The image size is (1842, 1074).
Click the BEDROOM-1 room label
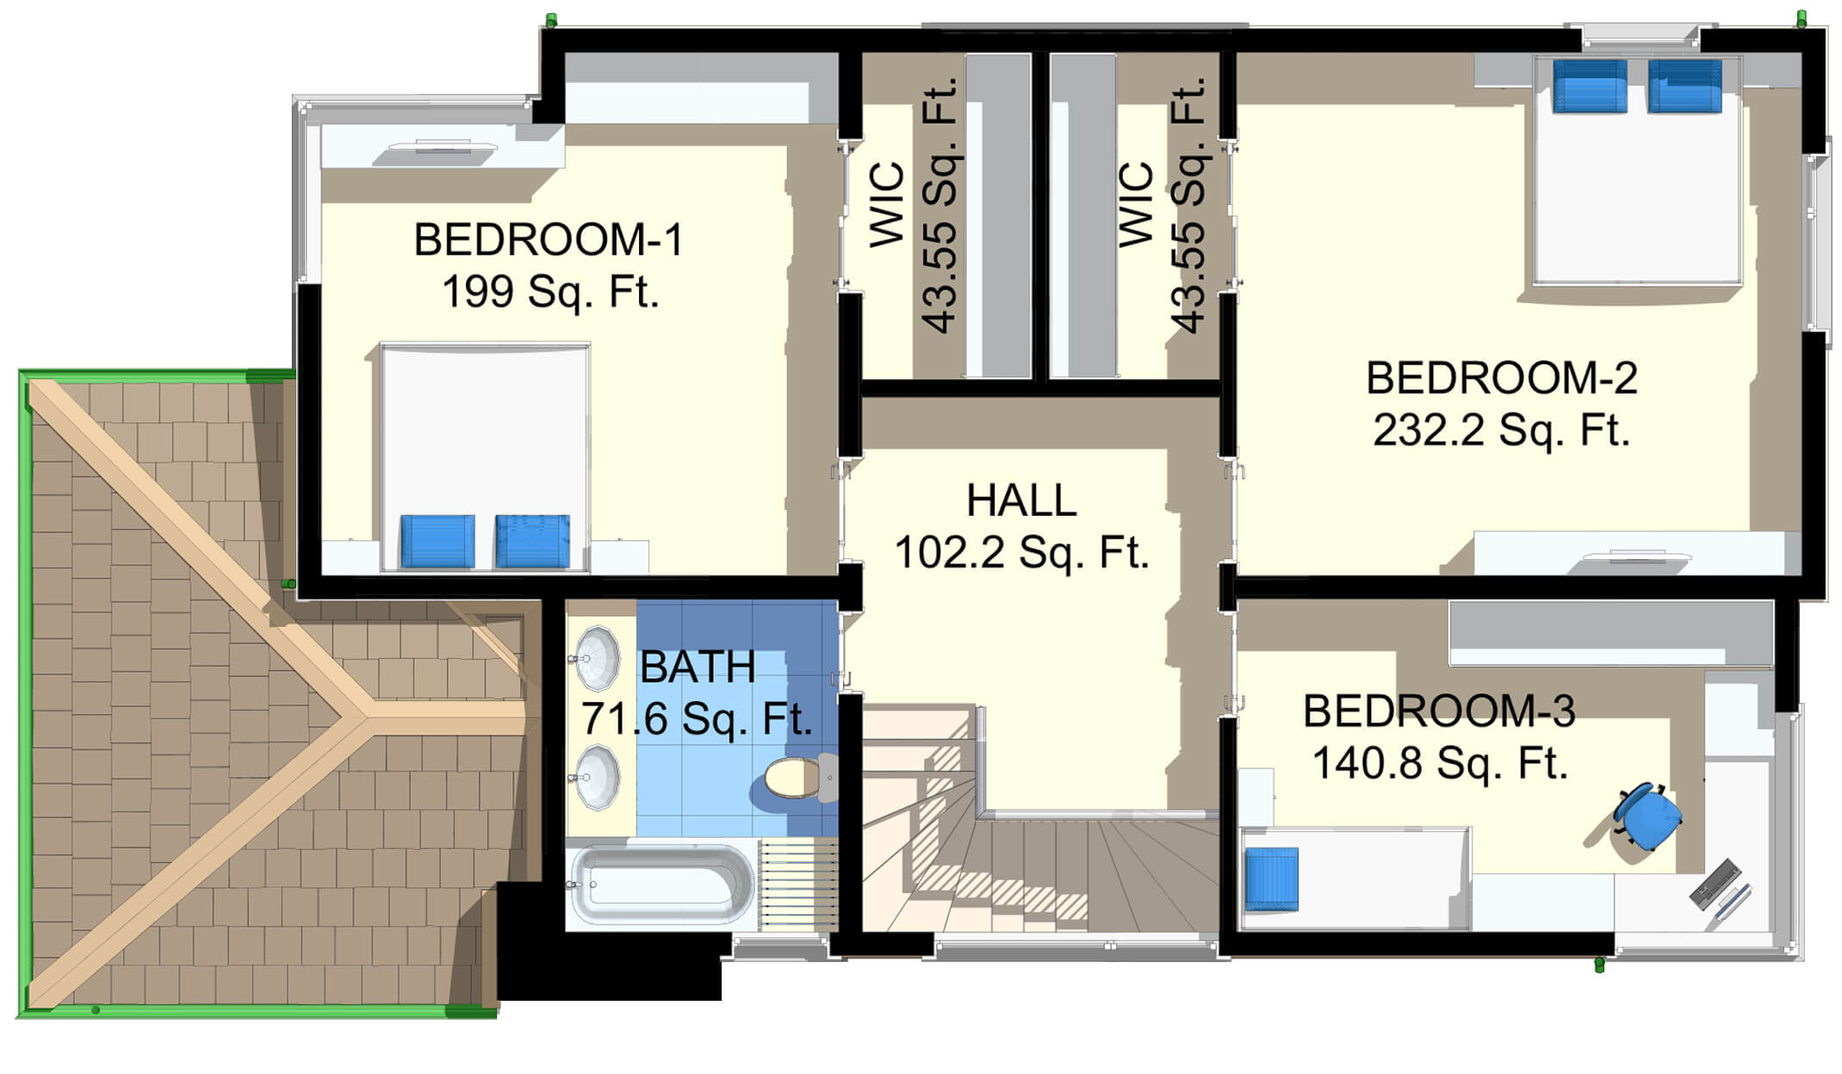pos(549,239)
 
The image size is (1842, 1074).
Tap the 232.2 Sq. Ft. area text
pos(1502,431)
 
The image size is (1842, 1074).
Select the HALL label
pos(1021,500)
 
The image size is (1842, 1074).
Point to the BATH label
pos(698,667)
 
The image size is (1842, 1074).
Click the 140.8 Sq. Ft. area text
pos(1440,763)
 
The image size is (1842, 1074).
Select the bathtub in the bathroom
pos(661,886)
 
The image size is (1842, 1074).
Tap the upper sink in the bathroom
pos(596,660)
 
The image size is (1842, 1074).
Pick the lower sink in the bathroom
pos(596,779)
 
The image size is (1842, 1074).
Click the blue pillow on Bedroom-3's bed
pos(1272,878)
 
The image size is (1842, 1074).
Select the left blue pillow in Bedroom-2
pos(1590,86)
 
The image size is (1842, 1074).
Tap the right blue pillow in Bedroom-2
pos(1684,86)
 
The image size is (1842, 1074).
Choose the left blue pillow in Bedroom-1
pos(437,542)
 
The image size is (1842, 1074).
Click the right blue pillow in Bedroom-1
pos(532,542)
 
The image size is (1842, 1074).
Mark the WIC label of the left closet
pos(886,205)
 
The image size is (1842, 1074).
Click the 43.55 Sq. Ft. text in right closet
pos(1188,206)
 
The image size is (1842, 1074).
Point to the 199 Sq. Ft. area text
pos(550,292)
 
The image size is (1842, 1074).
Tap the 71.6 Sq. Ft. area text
pos(697,719)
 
